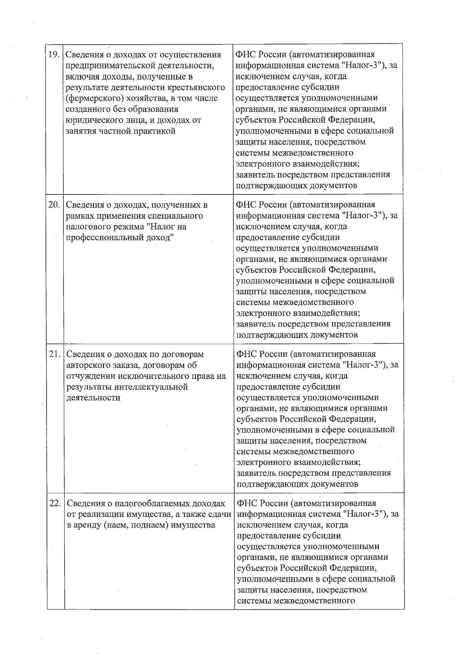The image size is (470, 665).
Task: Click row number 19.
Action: pos(54,55)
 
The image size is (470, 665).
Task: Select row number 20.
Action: pos(54,205)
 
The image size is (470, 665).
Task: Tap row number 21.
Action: pos(54,354)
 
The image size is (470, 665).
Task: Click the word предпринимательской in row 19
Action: pos(105,66)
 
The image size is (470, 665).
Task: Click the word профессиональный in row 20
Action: pos(101,238)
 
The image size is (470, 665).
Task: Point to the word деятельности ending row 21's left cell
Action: pos(93,398)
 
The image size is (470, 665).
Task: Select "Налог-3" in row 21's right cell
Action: pos(362,365)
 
